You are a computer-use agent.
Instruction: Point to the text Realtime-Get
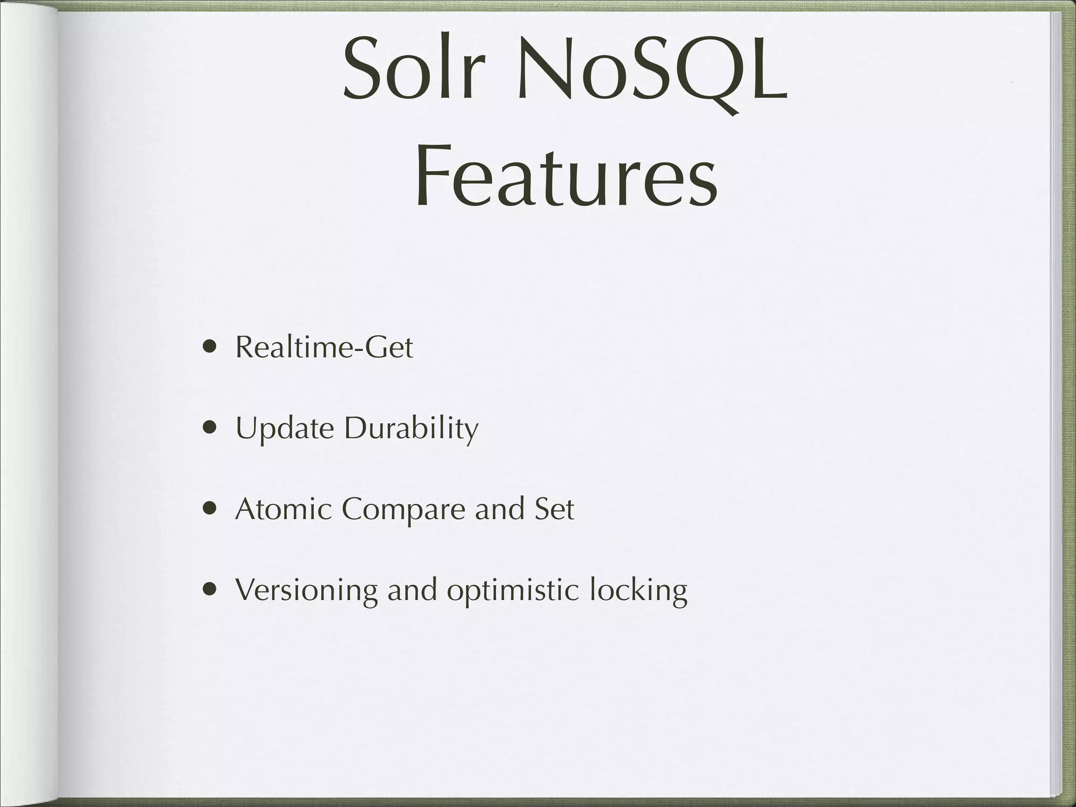click(324, 347)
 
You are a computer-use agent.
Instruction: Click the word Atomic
click(283, 509)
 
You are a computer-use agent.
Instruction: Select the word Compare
click(403, 510)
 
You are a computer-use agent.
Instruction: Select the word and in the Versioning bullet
click(412, 590)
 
